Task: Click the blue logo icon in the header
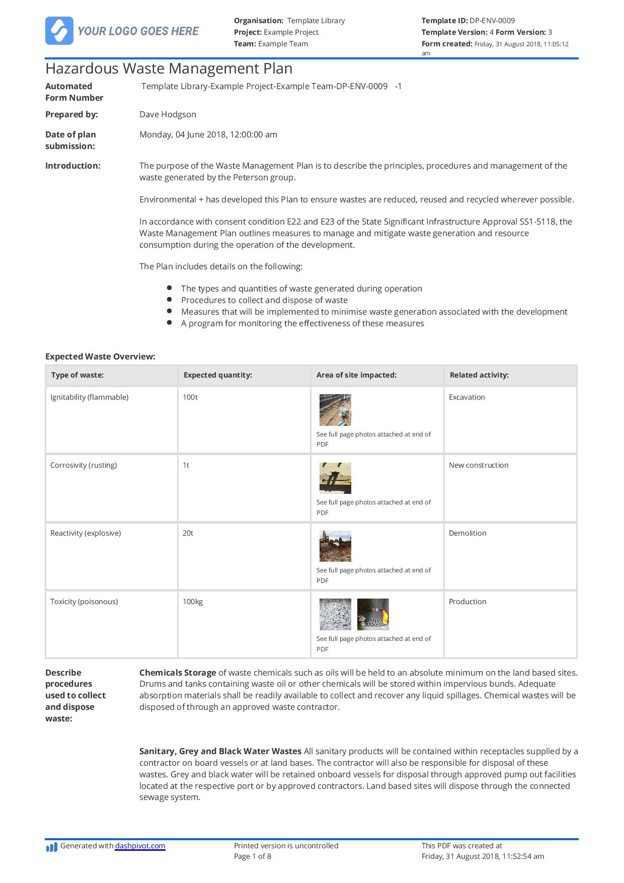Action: tap(59, 31)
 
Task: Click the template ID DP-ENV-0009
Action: tap(492, 21)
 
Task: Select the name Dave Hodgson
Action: tap(168, 114)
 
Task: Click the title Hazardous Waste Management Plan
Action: tap(169, 68)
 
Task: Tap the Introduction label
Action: tap(72, 166)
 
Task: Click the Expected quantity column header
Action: tap(217, 375)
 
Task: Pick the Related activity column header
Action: tap(479, 375)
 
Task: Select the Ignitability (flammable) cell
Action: tap(89, 397)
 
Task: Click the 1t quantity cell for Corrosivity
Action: tap(186, 465)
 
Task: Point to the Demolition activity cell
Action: tap(467, 533)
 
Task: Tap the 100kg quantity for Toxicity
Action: tap(192, 602)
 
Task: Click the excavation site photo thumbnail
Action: tap(335, 410)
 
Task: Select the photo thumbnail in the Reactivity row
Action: tap(335, 546)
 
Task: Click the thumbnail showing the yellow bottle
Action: tap(373, 614)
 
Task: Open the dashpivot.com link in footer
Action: tap(140, 846)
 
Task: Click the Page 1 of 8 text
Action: tap(252, 856)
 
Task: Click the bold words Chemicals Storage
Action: tap(177, 673)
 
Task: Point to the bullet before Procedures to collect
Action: tap(170, 300)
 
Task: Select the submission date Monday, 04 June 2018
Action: tap(208, 134)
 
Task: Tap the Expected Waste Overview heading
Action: tap(100, 356)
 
